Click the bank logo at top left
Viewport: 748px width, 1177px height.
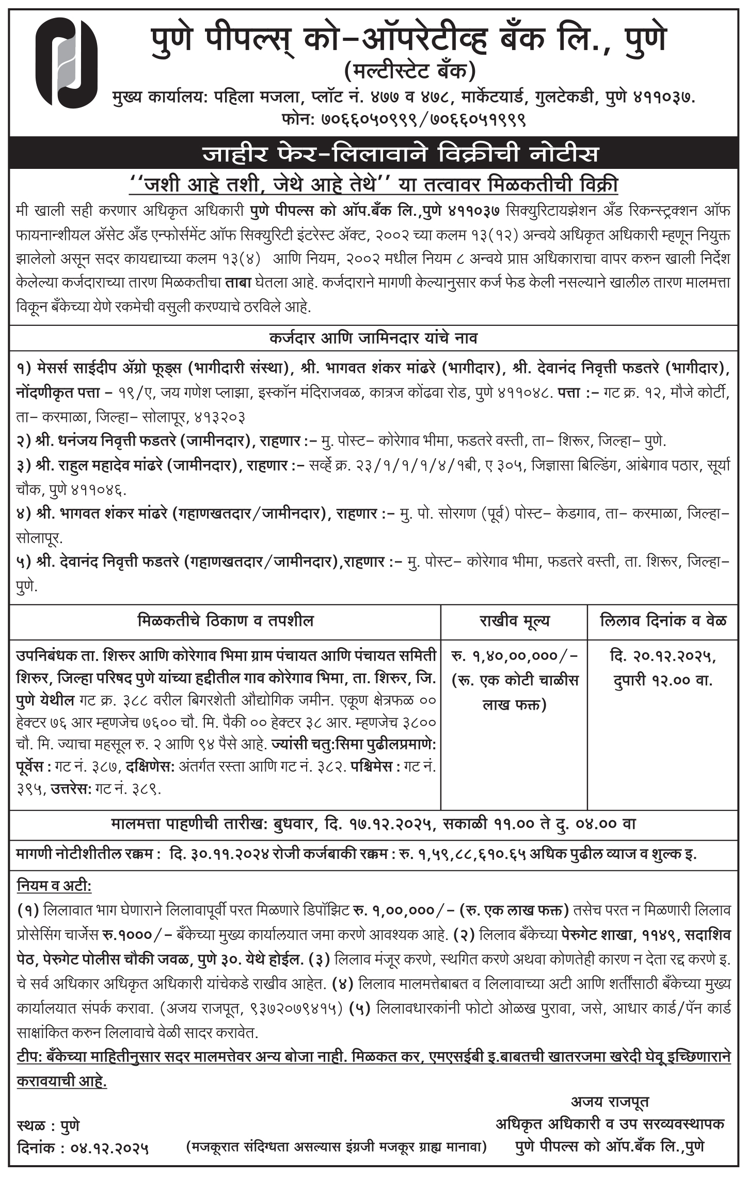[66, 63]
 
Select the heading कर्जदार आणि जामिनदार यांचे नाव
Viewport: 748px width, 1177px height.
[373, 338]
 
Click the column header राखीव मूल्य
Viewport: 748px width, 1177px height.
[514, 620]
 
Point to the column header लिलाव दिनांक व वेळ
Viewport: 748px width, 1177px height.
[663, 620]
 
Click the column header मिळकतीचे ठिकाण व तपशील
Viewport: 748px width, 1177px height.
[226, 620]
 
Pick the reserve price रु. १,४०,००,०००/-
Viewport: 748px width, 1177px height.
[514, 656]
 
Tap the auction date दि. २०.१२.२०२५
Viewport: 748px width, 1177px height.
[663, 656]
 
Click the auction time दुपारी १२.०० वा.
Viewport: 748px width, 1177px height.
[663, 680]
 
